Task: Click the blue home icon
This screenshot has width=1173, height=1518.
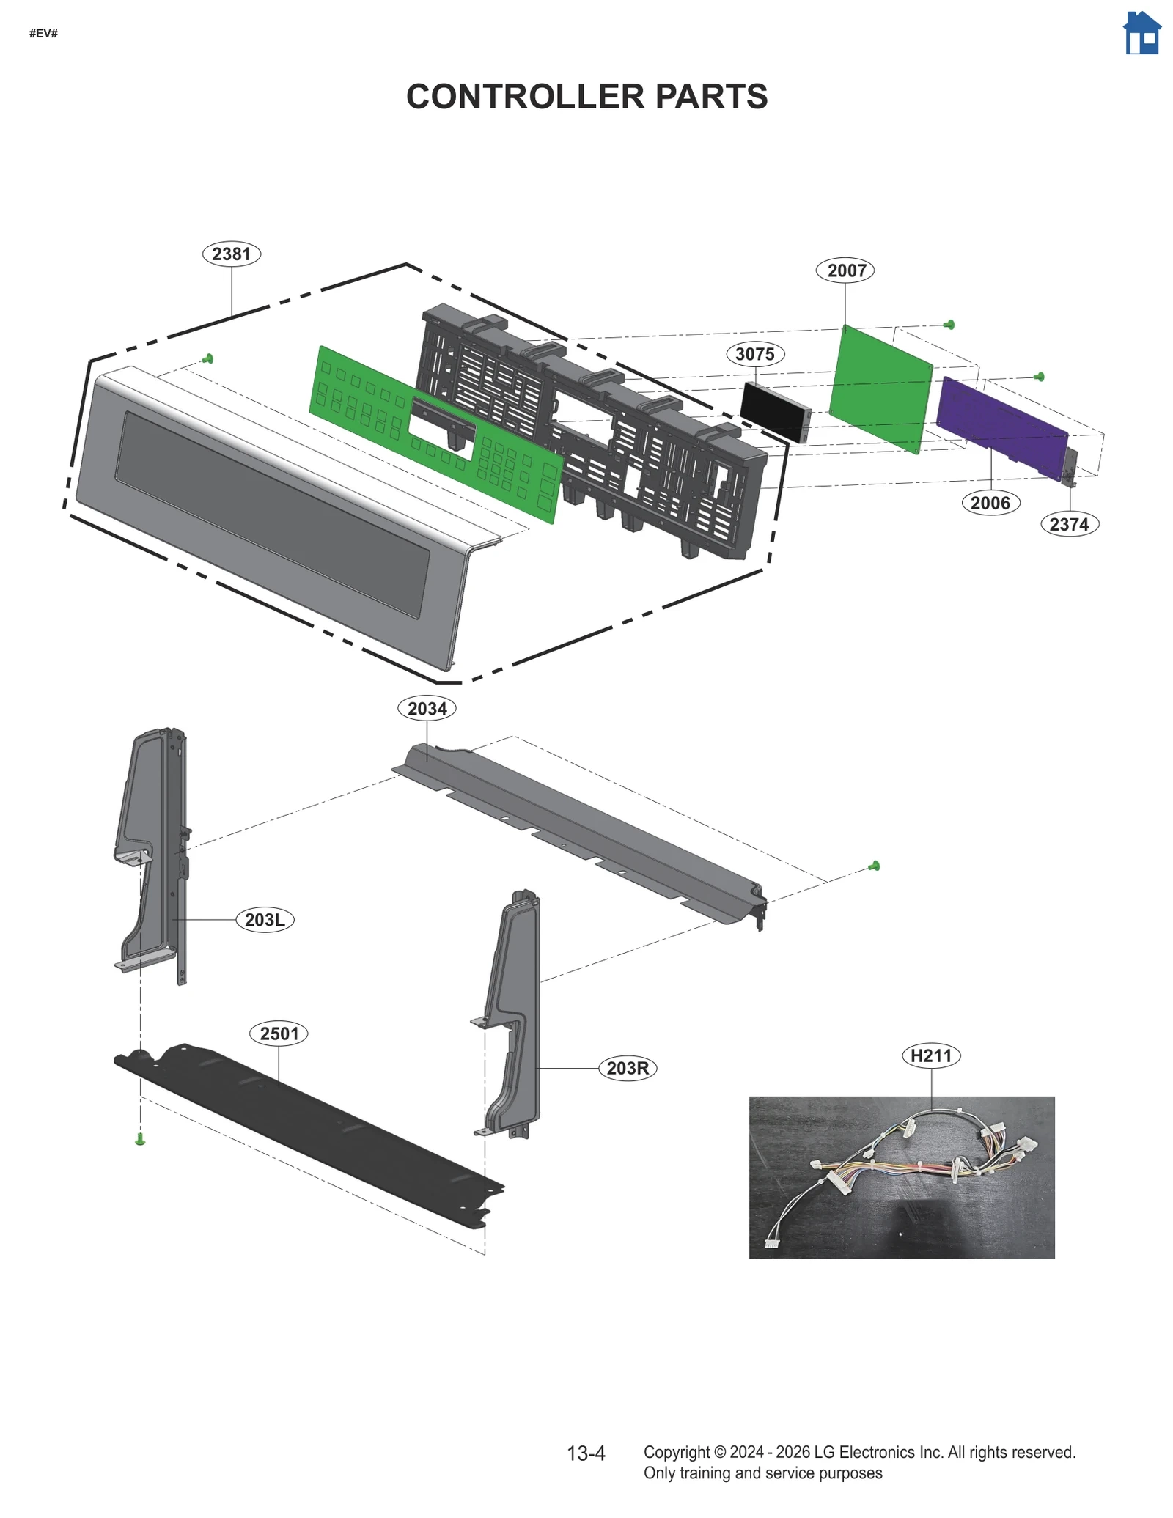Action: (1141, 34)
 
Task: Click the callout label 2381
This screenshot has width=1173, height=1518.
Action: (232, 254)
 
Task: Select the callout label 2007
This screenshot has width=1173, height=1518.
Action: (846, 270)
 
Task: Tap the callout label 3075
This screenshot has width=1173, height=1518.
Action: (755, 355)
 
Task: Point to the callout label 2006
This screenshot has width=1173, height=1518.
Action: (990, 503)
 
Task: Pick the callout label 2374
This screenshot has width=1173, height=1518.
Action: (1069, 524)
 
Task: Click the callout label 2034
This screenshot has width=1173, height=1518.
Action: (427, 709)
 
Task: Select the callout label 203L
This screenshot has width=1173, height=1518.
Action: (265, 920)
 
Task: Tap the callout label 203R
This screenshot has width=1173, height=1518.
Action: (628, 1069)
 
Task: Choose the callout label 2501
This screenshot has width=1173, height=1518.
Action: (279, 1034)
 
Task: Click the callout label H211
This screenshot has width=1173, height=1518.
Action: (931, 1056)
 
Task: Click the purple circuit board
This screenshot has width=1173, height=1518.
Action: (1001, 426)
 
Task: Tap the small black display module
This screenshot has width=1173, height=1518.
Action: (773, 411)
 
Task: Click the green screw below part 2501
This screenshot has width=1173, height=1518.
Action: (140, 1138)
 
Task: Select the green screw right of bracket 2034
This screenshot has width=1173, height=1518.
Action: (874, 866)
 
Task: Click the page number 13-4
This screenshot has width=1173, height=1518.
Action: (586, 1453)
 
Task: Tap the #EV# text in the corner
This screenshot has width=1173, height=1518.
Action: (43, 34)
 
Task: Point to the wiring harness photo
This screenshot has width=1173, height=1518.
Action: (902, 1177)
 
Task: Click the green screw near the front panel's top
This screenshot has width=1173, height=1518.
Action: (208, 358)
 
